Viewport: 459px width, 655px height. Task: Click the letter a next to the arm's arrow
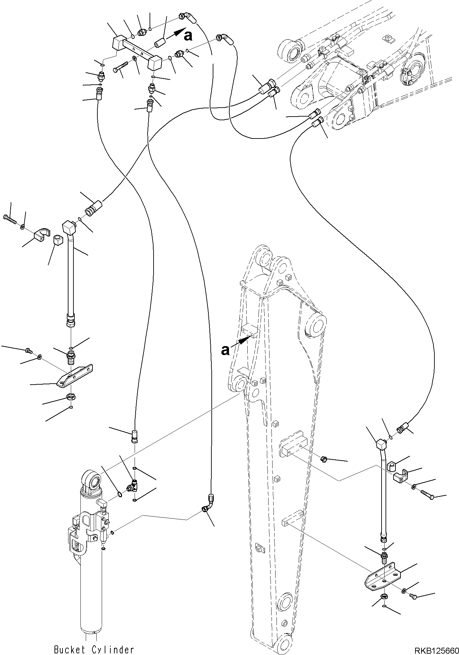click(226, 350)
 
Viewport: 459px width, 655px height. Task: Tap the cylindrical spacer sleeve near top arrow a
click(159, 43)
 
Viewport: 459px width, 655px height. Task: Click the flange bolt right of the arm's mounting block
click(323, 459)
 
